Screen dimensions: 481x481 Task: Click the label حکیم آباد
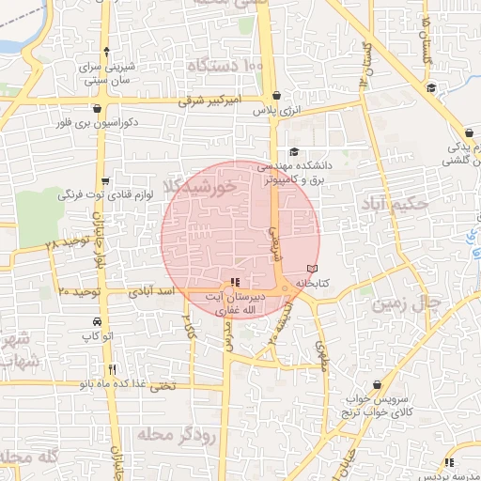399,203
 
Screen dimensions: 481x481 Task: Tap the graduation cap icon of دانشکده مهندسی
293,152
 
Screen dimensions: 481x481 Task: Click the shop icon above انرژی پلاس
274,96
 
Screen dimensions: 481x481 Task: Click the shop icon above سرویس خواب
377,385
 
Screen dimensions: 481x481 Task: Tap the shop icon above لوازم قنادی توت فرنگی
104,181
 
